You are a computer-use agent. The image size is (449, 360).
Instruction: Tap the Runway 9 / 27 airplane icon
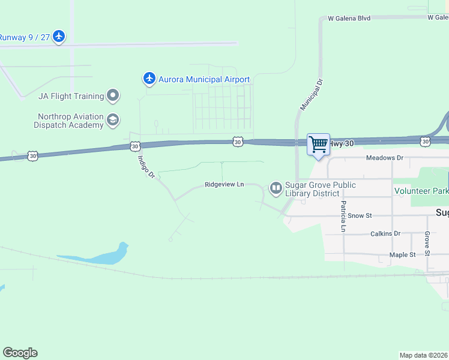58,37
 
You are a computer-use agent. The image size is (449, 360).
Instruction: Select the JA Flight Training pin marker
112,95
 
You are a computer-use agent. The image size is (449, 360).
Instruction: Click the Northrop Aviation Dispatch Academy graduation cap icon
112,121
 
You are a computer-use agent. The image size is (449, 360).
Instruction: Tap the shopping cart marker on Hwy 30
318,144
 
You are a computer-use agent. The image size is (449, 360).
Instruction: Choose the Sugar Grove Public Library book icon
276,188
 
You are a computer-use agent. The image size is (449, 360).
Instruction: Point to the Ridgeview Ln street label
224,184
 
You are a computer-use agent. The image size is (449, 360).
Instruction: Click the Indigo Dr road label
146,167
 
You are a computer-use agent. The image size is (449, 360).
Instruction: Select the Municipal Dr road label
311,94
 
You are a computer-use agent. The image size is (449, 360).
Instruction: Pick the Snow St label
360,215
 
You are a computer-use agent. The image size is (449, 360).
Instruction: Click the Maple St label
402,255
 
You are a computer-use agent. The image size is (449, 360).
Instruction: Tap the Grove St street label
427,243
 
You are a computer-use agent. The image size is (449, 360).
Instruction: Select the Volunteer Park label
421,191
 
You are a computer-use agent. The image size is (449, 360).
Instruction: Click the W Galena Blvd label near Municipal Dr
349,18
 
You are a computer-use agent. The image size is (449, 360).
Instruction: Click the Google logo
20,353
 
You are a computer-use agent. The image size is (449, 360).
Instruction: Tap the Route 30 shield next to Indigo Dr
136,146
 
